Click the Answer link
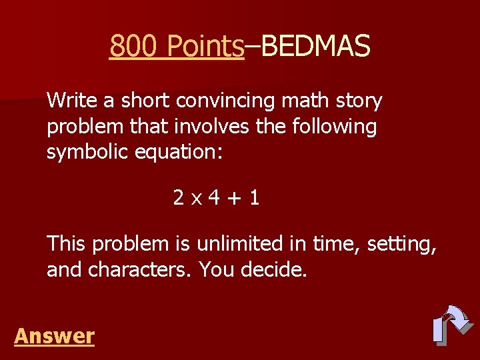point(54,335)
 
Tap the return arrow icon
point(451,325)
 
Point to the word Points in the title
point(205,47)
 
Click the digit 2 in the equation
point(178,197)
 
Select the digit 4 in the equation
point(213,197)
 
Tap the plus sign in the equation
point(233,198)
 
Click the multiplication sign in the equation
point(196,199)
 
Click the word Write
point(72,101)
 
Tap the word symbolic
point(87,152)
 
